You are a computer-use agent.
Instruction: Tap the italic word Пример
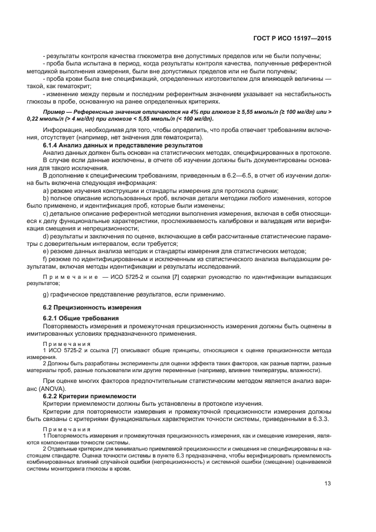coord(56,112)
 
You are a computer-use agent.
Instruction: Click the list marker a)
coord(46,191)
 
